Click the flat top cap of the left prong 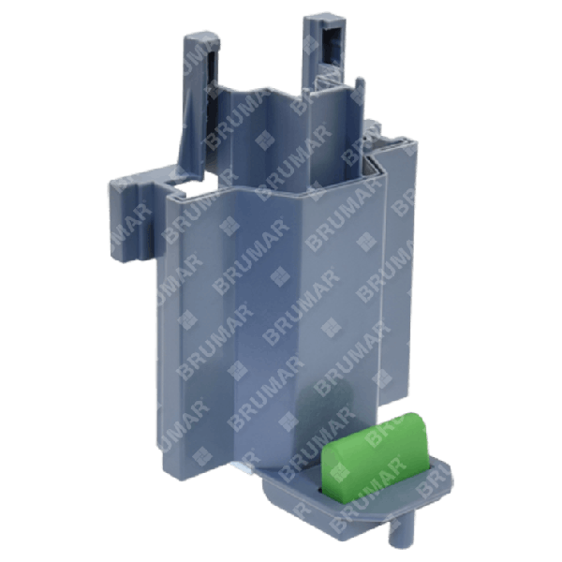(200, 36)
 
